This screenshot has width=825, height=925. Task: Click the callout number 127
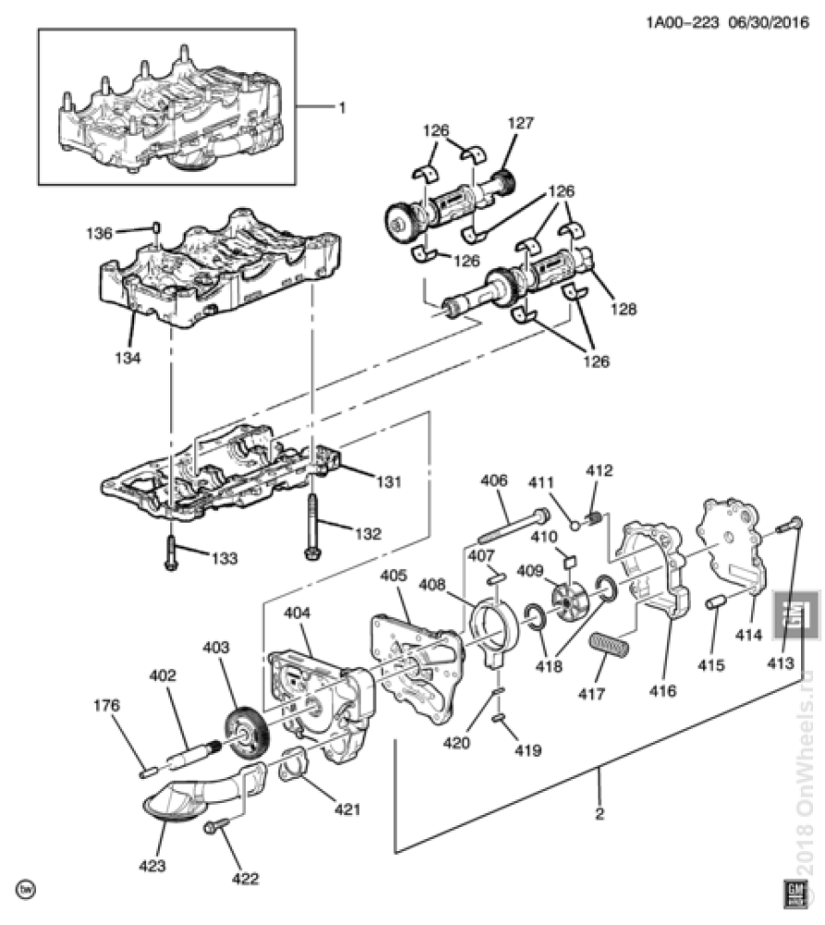click(520, 123)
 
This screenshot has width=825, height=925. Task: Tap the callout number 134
click(128, 357)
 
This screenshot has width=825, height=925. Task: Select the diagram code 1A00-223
click(683, 22)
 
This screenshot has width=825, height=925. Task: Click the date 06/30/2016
click(769, 22)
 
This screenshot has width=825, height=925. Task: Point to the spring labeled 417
click(610, 644)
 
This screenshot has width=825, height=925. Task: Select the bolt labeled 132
click(312, 527)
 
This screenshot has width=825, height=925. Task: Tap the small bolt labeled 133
click(171, 552)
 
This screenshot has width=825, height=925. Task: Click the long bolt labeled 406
click(513, 526)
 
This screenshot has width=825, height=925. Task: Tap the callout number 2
click(599, 814)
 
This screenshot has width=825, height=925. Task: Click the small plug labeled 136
click(156, 228)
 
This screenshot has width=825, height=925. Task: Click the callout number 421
click(348, 808)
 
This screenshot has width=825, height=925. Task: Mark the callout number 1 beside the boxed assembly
click(342, 107)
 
